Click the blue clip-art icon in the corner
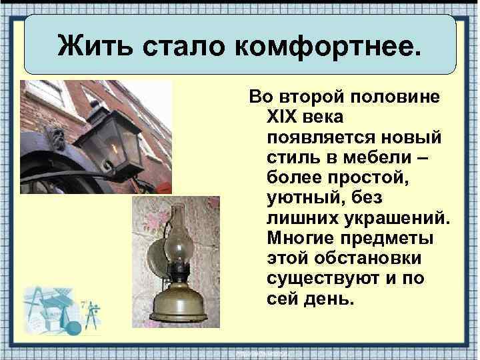click(x=60, y=310)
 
